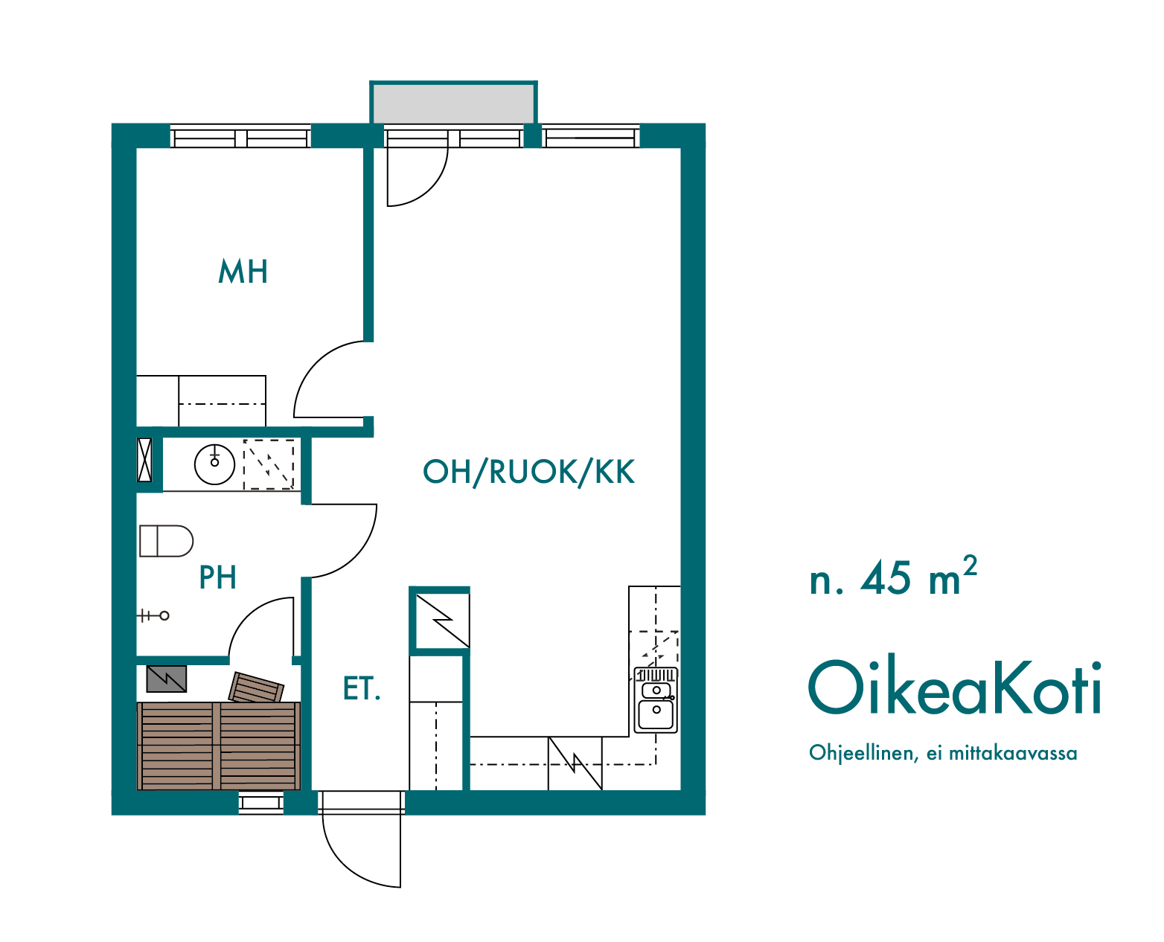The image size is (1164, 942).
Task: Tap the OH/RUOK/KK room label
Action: tap(528, 472)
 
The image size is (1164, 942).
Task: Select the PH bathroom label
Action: tap(217, 577)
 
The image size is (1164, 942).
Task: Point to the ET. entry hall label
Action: tap(361, 688)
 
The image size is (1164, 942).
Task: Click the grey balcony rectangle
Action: tap(453, 104)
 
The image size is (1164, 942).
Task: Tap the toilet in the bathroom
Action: tap(166, 541)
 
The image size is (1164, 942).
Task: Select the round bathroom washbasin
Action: tap(215, 464)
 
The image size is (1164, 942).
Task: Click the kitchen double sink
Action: tap(656, 700)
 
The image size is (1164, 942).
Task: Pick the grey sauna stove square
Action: tap(167, 679)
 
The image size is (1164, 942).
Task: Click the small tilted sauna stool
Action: tap(256, 687)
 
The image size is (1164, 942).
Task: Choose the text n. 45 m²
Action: tap(892, 577)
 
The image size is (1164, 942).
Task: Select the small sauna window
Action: tap(261, 803)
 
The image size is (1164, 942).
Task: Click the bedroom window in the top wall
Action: tap(240, 136)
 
